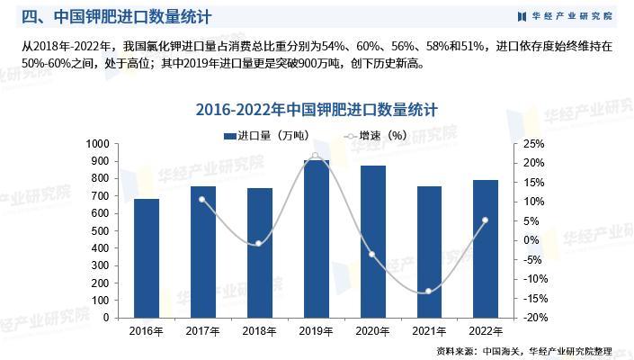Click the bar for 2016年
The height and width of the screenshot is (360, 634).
click(147, 258)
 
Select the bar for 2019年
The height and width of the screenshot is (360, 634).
click(316, 238)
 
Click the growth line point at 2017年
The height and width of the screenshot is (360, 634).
click(202, 200)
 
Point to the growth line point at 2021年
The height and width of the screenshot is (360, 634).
click(429, 291)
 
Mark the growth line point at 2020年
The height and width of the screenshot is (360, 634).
click(372, 254)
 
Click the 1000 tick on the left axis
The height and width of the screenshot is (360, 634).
click(96, 144)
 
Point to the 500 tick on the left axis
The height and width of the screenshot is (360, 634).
click(100, 231)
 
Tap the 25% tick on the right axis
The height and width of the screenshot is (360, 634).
click(533, 144)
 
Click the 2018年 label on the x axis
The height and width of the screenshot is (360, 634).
click(259, 331)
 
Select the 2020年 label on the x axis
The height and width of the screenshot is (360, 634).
click(372, 331)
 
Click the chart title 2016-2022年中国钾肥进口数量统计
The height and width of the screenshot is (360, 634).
click(317, 110)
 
